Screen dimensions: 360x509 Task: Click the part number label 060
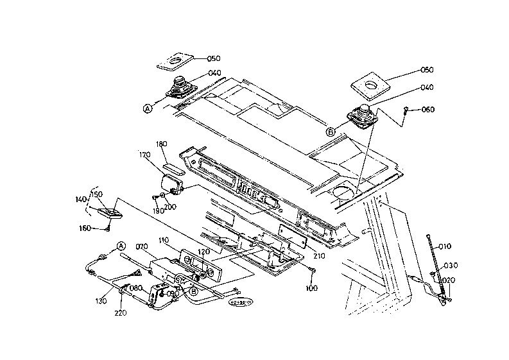(427, 109)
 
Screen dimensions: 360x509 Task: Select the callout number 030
(451, 264)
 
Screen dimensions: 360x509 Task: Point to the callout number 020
(449, 280)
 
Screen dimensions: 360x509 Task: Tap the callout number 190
(159, 210)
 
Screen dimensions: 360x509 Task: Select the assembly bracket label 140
(80, 200)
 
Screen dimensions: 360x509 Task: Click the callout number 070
(142, 246)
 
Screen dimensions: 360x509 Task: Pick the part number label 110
(164, 239)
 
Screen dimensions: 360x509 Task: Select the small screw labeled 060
(407, 110)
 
